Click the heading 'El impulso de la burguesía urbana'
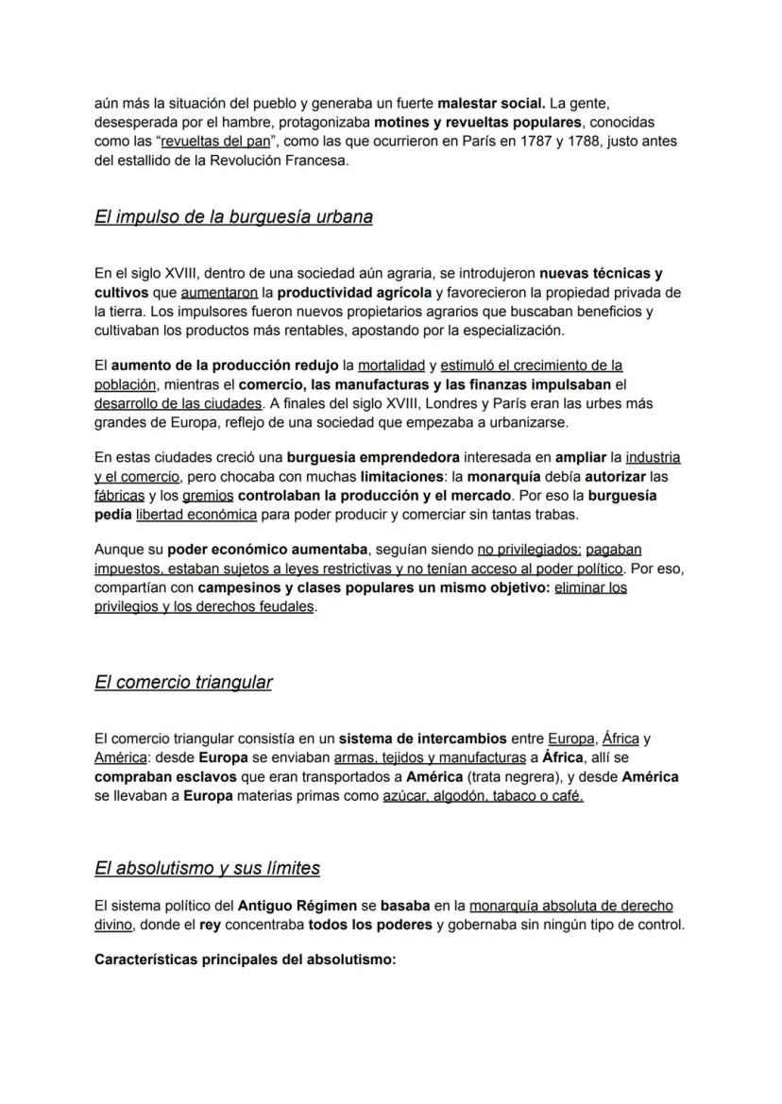tap(233, 217)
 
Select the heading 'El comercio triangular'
tap(183, 682)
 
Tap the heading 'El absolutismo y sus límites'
tap(207, 867)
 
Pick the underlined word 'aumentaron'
tap(219, 292)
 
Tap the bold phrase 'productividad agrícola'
tap(359, 292)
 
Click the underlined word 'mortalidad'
tap(391, 365)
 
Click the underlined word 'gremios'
tap(208, 495)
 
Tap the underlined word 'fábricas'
tap(119, 495)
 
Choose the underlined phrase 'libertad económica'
tap(196, 514)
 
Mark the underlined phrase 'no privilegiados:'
tap(530, 549)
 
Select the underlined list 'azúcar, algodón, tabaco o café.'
tap(483, 795)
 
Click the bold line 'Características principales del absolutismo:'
tap(245, 960)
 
